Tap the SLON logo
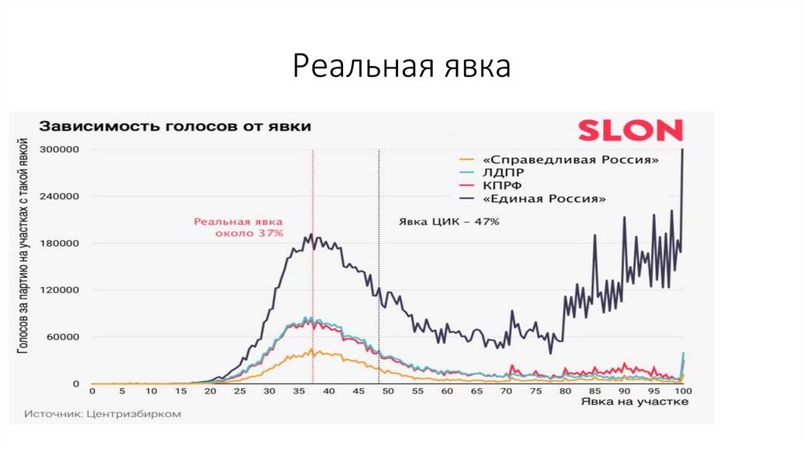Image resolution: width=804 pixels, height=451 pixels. pyautogui.click(x=630, y=130)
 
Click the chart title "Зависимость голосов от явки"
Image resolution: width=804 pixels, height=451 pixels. pyautogui.click(x=175, y=126)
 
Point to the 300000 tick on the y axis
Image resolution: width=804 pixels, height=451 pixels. pyautogui.click(x=63, y=149)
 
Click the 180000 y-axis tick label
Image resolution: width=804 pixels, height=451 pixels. pyautogui.click(x=63, y=243)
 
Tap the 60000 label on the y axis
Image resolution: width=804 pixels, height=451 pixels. pyautogui.click(x=66, y=337)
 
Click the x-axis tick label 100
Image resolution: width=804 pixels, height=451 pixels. pyautogui.click(x=682, y=390)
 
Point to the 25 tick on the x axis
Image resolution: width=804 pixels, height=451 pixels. pyautogui.click(x=240, y=390)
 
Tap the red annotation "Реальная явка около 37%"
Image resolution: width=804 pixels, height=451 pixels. pyautogui.click(x=239, y=227)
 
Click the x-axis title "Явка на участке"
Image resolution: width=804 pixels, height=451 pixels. pyautogui.click(x=635, y=402)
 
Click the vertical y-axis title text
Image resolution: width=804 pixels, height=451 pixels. pyautogui.click(x=27, y=244)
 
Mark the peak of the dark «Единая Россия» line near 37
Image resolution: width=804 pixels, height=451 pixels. pyautogui.click(x=312, y=234)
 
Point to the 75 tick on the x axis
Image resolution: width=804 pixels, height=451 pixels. pyautogui.click(x=535, y=390)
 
